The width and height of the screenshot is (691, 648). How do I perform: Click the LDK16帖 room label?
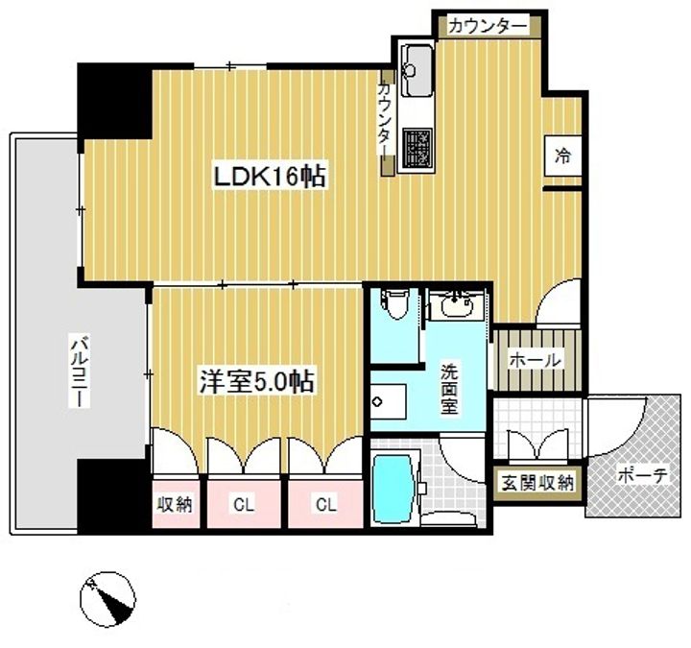tap(270, 176)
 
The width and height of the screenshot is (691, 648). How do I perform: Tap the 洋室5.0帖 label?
tap(256, 381)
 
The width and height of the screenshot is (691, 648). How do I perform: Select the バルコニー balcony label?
tap(80, 372)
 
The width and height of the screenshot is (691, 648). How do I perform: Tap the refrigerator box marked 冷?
tap(561, 156)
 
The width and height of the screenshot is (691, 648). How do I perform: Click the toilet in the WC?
tap(394, 304)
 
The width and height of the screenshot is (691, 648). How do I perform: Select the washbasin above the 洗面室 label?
tap(456, 304)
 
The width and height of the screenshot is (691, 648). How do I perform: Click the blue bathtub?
tap(394, 489)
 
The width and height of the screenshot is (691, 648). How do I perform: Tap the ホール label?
tap(535, 360)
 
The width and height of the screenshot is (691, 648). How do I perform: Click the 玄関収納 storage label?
tap(537, 483)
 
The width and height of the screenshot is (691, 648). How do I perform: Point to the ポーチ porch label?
tap(642, 475)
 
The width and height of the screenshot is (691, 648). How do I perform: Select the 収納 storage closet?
tap(176, 504)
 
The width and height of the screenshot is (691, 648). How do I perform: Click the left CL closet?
tap(244, 504)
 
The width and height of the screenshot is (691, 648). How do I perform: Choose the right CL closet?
tap(325, 504)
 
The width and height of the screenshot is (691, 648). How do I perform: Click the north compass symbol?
tap(107, 599)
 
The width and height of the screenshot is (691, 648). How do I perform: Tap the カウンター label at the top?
tap(488, 27)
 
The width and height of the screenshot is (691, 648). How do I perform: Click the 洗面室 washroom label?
tap(449, 389)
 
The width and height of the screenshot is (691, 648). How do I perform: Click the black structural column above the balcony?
tap(115, 103)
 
